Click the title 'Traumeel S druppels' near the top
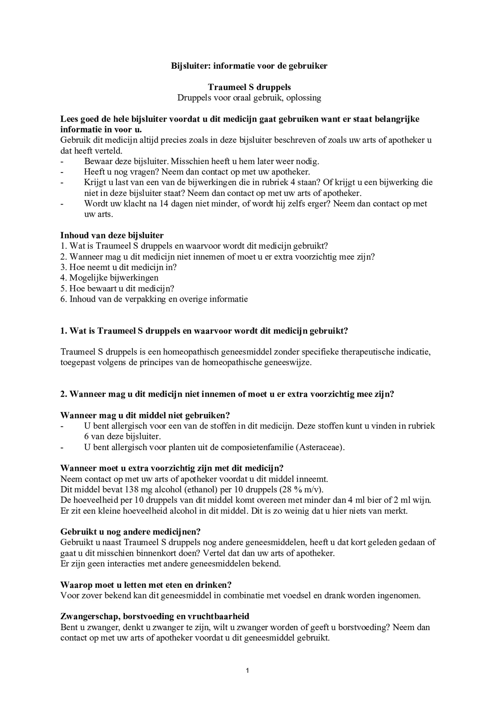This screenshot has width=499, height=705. click(x=249, y=87)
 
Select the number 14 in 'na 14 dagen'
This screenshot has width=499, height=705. click(x=164, y=204)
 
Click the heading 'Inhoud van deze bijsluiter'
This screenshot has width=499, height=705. click(x=112, y=235)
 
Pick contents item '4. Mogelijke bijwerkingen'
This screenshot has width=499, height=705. click(x=110, y=278)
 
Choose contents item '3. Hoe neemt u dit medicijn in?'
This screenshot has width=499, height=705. click(x=119, y=267)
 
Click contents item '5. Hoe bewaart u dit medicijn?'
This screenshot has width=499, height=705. click(x=117, y=288)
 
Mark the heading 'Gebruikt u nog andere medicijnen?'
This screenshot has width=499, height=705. click(x=130, y=531)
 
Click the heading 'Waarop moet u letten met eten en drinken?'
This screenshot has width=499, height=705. click(x=146, y=585)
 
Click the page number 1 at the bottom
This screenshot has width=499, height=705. click(x=247, y=670)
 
